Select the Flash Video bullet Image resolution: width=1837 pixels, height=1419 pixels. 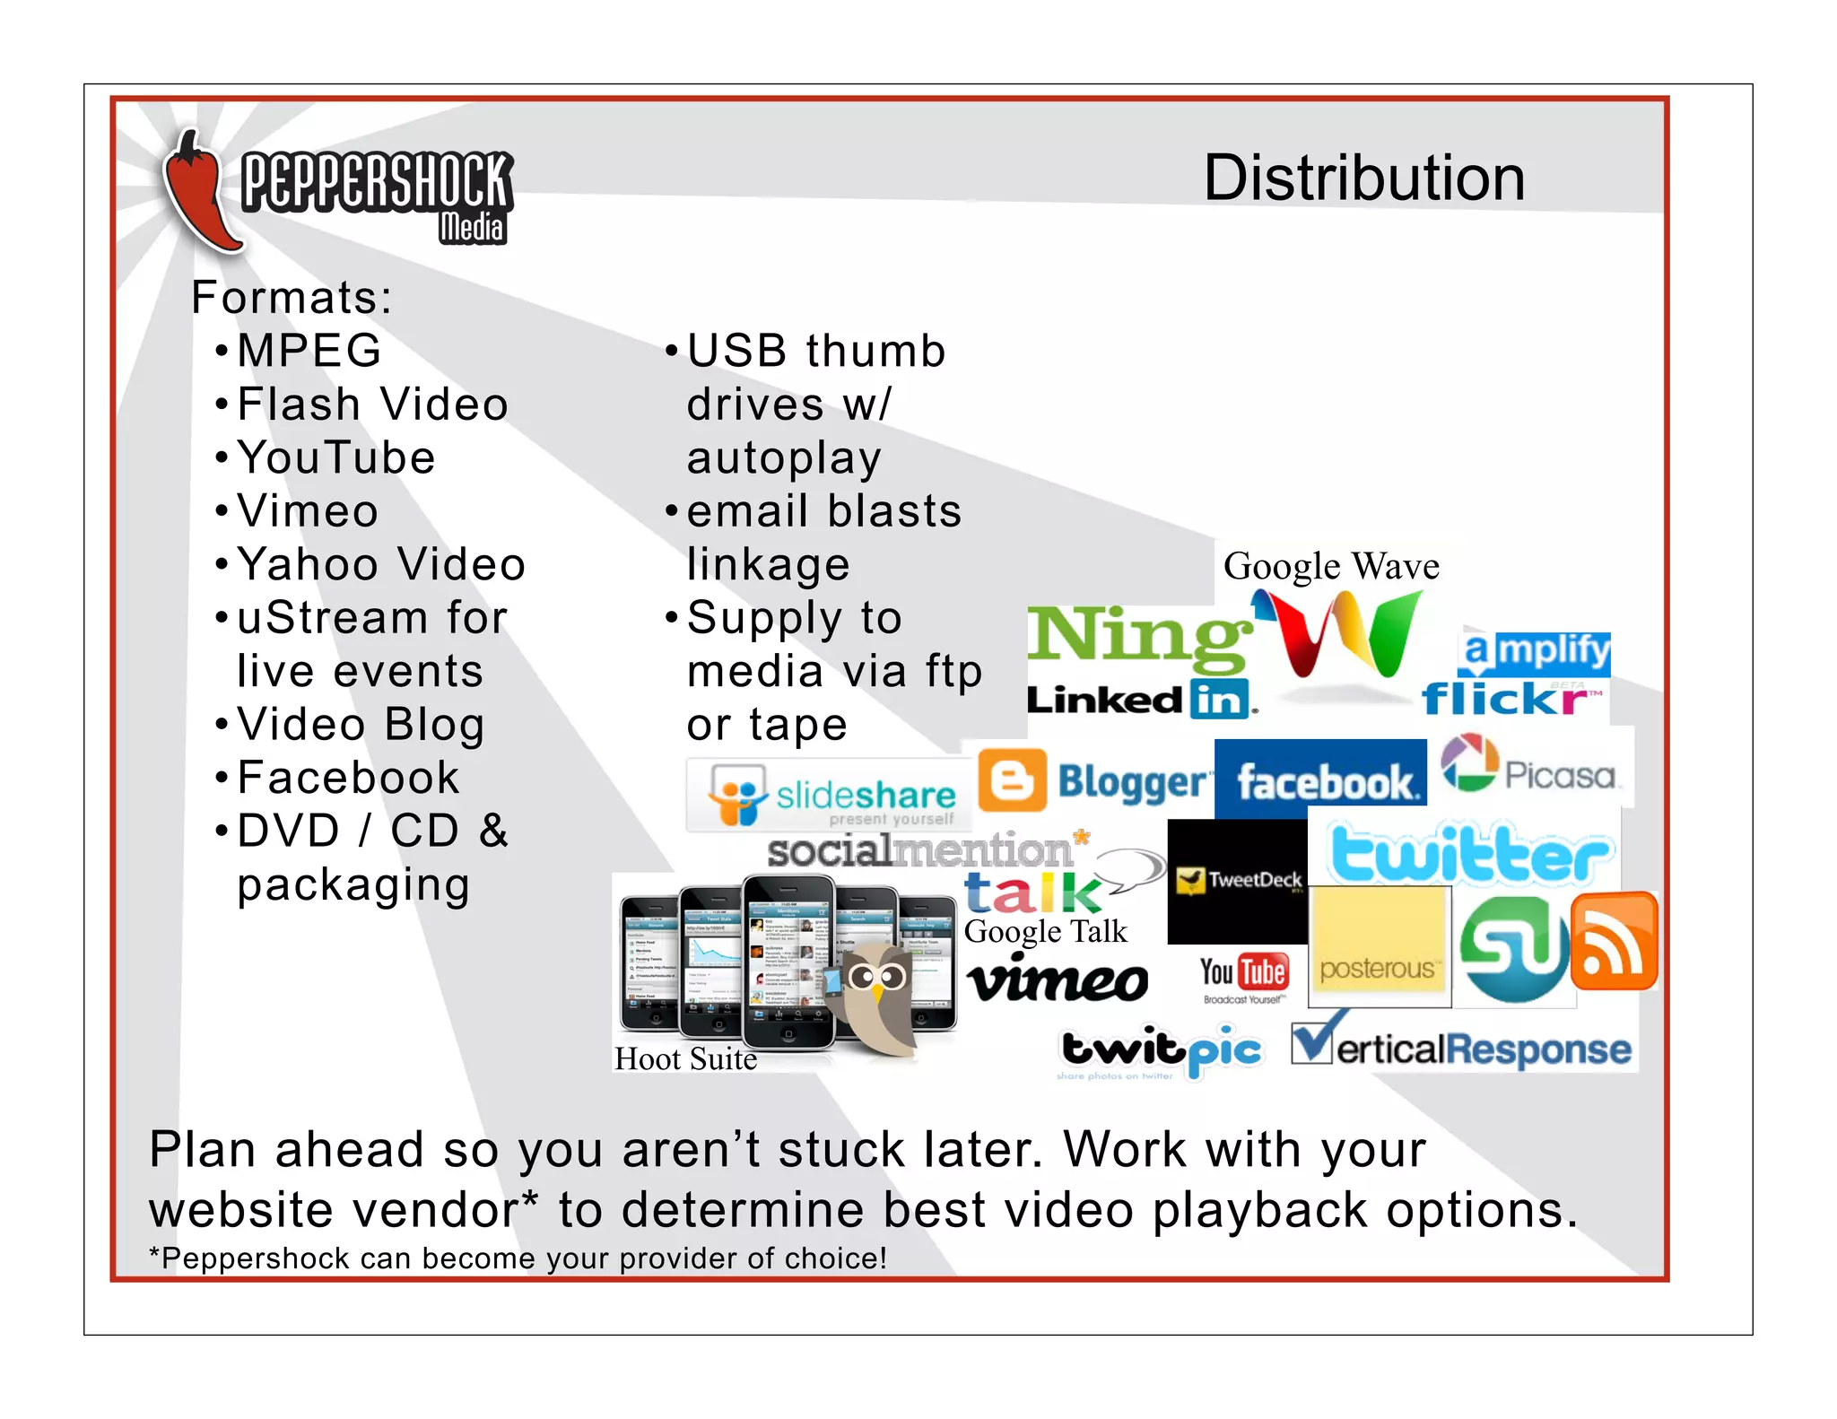point(372,405)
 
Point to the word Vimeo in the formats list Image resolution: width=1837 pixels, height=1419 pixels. point(308,511)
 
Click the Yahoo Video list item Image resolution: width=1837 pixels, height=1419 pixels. point(381,564)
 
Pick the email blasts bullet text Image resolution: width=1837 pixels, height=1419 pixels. point(823,511)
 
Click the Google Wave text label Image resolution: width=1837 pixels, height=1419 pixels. point(1331,567)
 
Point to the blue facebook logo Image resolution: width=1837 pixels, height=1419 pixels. point(1323,781)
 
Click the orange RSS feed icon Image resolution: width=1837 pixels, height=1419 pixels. point(1613,942)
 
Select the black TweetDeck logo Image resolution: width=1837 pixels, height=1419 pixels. point(1238,881)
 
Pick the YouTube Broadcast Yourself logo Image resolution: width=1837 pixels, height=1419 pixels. point(1243,978)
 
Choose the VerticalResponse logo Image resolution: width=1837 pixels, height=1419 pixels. point(1462,1046)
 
